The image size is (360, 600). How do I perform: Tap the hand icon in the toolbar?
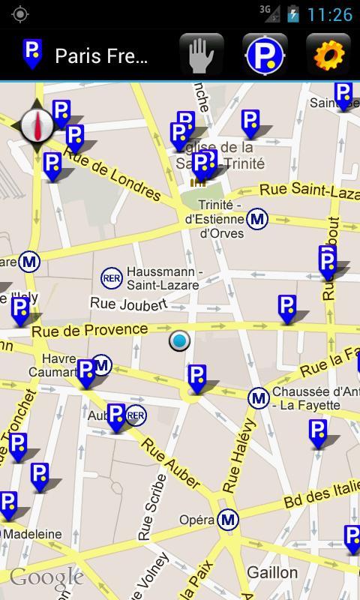click(202, 55)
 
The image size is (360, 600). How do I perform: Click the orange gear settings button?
click(328, 55)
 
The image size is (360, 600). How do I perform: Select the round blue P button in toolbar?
click(265, 55)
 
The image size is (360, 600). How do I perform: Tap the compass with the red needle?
click(36, 125)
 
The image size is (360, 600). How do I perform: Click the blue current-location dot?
click(179, 341)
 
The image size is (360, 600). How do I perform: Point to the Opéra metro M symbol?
click(228, 519)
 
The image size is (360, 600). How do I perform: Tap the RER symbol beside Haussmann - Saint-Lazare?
click(112, 278)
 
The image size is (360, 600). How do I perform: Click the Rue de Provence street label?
click(89, 330)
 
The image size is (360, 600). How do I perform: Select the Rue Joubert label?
click(128, 304)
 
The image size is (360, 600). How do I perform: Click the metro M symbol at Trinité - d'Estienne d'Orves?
click(257, 219)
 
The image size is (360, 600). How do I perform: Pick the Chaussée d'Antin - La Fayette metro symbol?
click(259, 398)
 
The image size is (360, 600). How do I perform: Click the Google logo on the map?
click(46, 577)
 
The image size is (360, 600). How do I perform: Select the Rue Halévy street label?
click(239, 456)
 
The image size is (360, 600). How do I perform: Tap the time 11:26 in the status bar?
click(330, 14)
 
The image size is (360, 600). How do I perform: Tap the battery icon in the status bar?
click(293, 13)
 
